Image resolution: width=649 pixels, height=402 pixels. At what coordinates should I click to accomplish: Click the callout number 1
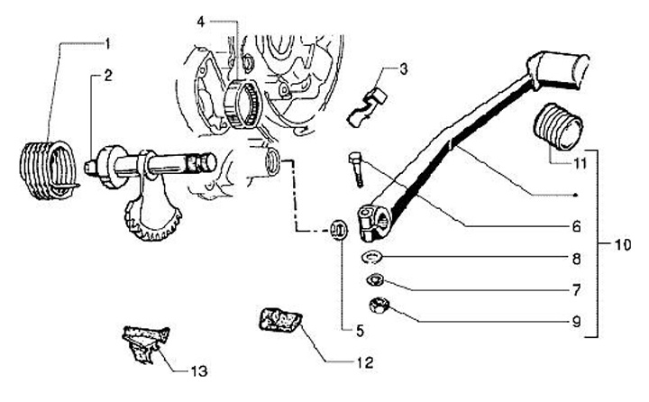click(107, 43)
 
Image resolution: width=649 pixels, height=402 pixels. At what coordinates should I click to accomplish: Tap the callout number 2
click(107, 76)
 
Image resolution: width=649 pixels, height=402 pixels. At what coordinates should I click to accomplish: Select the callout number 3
click(404, 68)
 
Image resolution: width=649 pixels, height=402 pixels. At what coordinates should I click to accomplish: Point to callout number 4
click(201, 19)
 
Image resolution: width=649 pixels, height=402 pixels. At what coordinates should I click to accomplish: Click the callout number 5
click(359, 331)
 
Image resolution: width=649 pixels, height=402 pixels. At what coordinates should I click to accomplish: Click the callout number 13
click(199, 370)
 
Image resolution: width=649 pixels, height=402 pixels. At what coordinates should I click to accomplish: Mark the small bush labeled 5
click(340, 228)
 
